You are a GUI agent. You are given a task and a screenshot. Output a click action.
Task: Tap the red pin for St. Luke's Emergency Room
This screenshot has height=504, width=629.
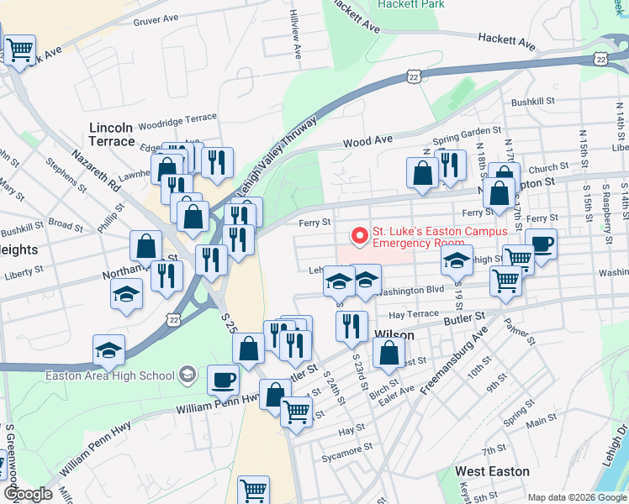[360, 236]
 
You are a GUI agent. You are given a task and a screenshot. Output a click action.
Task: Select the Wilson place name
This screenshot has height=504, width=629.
[394, 335]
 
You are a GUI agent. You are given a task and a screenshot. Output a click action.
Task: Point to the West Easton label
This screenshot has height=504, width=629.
[492, 471]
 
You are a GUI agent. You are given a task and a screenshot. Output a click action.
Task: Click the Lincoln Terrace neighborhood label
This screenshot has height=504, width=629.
[112, 134]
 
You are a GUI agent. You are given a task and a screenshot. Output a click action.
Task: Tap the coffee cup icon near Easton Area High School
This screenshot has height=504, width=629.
[223, 380]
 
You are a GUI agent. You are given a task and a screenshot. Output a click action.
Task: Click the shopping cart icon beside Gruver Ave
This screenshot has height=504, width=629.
[18, 48]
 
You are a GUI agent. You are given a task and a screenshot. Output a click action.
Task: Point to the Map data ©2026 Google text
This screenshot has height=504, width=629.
[577, 497]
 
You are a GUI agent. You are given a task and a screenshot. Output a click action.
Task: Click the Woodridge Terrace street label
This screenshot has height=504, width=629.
[177, 119]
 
